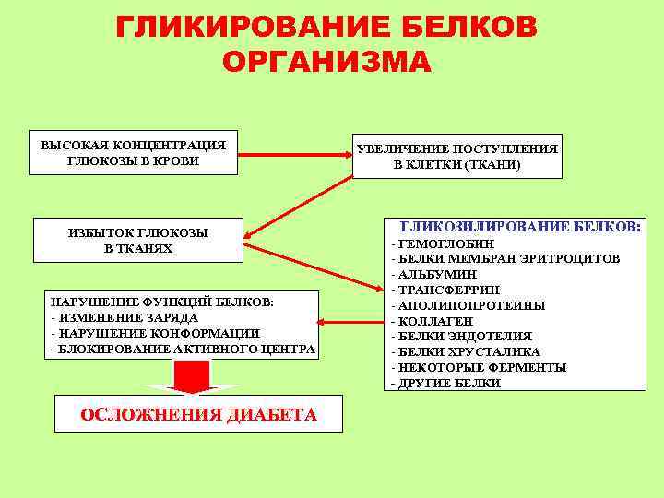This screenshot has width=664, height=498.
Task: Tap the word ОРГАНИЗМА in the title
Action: pos(326,62)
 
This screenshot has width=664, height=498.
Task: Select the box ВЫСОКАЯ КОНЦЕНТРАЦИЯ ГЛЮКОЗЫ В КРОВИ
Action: pos(133,152)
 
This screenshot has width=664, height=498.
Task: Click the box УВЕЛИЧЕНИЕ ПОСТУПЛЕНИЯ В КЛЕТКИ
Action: pos(456,156)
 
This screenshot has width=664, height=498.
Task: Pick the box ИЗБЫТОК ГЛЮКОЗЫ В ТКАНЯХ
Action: pos(138,241)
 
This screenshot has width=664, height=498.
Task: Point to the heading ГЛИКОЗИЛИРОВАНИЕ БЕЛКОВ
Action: pos(520,225)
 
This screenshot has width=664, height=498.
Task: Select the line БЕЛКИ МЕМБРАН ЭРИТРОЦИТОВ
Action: pos(508,258)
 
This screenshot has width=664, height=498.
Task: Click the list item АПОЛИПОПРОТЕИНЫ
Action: pos(470,305)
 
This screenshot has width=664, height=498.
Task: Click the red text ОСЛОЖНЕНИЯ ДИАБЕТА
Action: pos(199,415)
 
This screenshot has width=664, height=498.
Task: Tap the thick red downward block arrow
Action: pos(194,376)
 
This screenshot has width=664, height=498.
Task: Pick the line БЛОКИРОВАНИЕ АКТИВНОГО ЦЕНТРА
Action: pos(185,349)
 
